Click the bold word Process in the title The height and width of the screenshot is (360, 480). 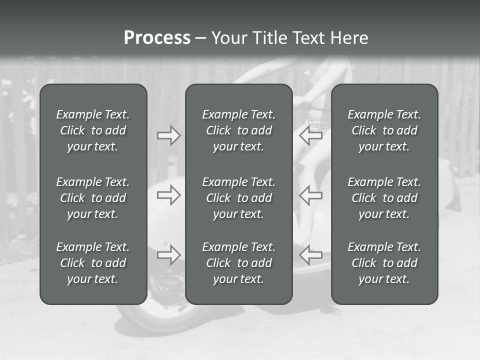pyautogui.click(x=157, y=38)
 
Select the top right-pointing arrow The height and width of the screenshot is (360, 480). pyautogui.click(x=169, y=135)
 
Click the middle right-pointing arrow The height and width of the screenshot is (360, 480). pyautogui.click(x=169, y=195)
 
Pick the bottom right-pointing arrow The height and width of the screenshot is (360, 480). pyautogui.click(x=169, y=255)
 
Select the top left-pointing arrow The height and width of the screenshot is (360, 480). pyautogui.click(x=311, y=135)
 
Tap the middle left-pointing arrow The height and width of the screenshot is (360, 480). pyautogui.click(x=311, y=195)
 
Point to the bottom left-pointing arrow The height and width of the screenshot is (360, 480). pyautogui.click(x=311, y=255)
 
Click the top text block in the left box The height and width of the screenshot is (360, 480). pyautogui.click(x=93, y=130)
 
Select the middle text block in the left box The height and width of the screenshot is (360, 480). pyautogui.click(x=93, y=198)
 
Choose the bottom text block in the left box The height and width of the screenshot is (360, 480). pyautogui.click(x=93, y=263)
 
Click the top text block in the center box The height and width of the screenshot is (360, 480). pyautogui.click(x=238, y=130)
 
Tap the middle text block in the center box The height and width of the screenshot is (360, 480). pyautogui.click(x=238, y=198)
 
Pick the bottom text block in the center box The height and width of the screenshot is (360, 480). pyautogui.click(x=238, y=263)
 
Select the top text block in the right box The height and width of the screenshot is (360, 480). pyautogui.click(x=384, y=130)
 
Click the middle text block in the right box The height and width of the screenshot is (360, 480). pyautogui.click(x=384, y=198)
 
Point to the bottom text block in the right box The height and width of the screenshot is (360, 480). pyautogui.click(x=384, y=263)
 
